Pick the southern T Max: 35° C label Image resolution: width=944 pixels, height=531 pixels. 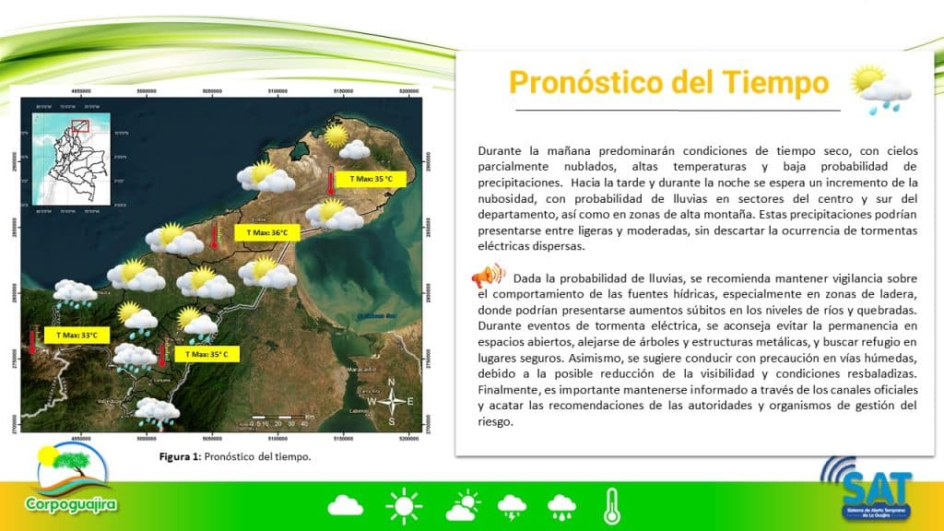(x=206, y=353)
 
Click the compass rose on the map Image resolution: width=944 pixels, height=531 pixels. (x=394, y=401)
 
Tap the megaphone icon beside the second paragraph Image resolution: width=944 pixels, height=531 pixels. (x=489, y=276)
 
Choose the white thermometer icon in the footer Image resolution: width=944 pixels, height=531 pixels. (x=611, y=505)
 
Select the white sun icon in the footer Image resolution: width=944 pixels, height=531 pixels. (x=403, y=505)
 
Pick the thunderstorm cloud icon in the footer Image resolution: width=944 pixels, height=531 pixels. (x=512, y=505)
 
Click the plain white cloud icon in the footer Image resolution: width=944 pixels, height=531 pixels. (x=346, y=505)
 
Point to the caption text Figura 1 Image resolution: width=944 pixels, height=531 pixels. (x=180, y=456)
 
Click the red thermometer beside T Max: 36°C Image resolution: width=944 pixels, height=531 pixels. (x=215, y=236)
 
